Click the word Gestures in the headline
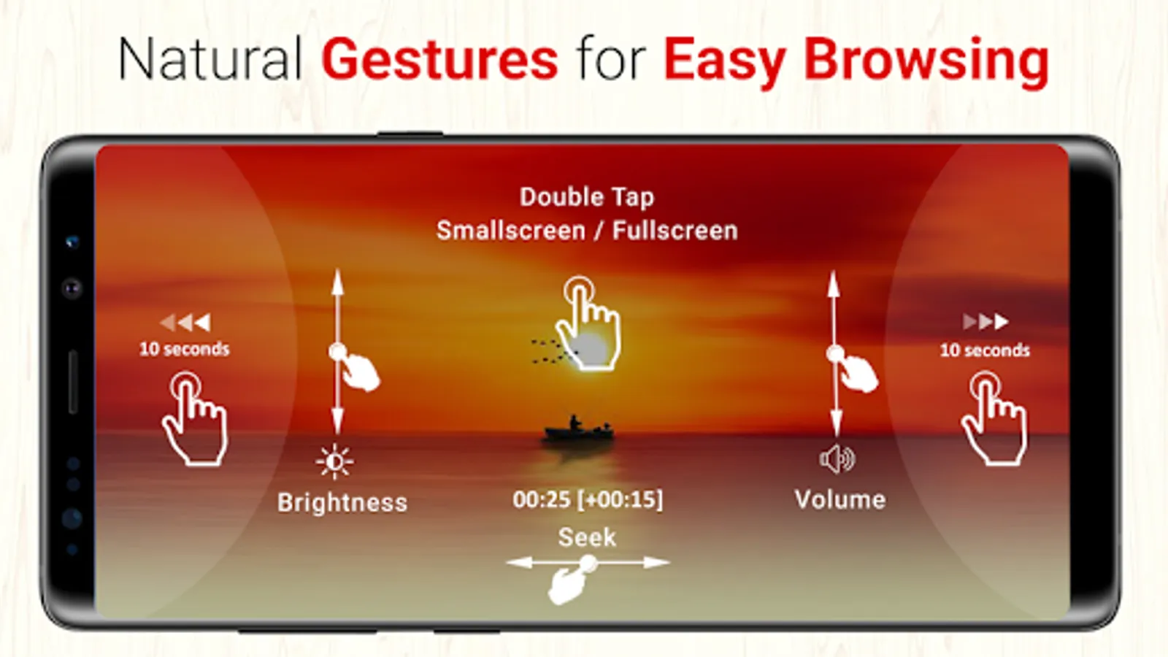439,60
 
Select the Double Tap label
587,198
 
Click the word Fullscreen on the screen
675,231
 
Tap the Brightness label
342,503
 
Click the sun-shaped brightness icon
334,461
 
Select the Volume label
840,499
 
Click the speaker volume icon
837,459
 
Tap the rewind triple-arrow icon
185,322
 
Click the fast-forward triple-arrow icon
985,322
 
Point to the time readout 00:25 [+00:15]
588,499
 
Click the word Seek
587,537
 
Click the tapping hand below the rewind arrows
196,420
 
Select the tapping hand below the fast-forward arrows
995,419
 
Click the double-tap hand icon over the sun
589,324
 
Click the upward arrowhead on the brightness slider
338,283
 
